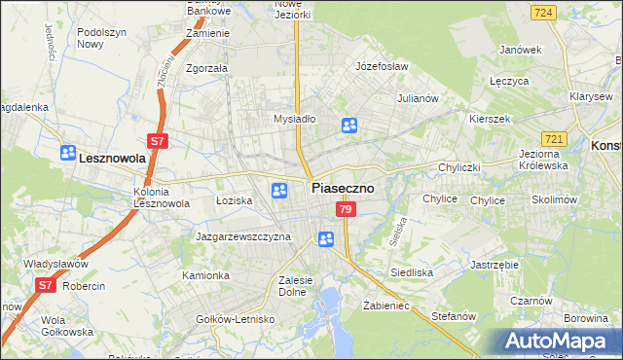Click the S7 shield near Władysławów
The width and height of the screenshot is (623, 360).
pyautogui.click(x=45, y=285)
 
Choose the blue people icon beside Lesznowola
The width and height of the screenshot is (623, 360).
pyautogui.click(x=67, y=153)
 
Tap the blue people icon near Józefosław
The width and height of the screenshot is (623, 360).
pyautogui.click(x=349, y=125)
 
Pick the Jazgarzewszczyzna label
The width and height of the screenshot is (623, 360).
pyautogui.click(x=243, y=236)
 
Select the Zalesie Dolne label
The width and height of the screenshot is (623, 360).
pyautogui.click(x=294, y=285)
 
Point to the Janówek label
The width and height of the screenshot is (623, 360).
pyautogui.click(x=520, y=49)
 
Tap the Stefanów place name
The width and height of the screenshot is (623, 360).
pyautogui.click(x=453, y=316)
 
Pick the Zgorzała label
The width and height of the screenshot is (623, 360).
pyautogui.click(x=206, y=69)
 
